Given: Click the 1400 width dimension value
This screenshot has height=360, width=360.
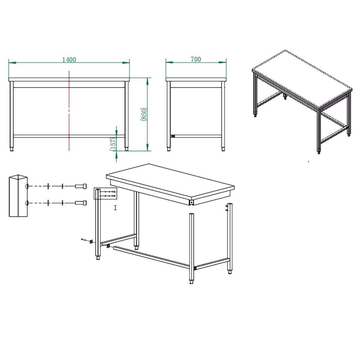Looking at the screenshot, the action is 69,59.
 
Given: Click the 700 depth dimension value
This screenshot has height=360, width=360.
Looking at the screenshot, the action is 196,59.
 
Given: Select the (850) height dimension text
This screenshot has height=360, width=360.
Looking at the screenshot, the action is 144,114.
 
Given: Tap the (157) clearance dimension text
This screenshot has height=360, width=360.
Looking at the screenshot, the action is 113,144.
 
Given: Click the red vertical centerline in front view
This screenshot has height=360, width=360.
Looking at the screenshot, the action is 69,111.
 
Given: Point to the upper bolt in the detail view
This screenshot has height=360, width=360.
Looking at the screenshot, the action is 81,186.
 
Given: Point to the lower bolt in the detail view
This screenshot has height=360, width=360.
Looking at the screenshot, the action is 81,203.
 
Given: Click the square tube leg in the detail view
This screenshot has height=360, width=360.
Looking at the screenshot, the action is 18,196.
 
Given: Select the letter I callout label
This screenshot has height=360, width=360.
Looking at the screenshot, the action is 115,208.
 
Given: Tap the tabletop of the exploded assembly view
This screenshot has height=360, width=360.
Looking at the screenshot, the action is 170,181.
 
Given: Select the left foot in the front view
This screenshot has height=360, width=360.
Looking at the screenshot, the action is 12,149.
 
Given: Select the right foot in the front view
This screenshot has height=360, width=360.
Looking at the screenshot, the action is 126,149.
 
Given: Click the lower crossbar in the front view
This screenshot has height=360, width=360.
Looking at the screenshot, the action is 69,136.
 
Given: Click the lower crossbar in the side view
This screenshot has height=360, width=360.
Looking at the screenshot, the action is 196,136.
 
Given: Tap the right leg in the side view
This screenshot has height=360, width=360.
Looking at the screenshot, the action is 223,114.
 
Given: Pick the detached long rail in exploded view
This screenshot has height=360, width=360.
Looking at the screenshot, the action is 151,256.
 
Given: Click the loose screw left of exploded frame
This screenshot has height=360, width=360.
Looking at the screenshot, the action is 84,240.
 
